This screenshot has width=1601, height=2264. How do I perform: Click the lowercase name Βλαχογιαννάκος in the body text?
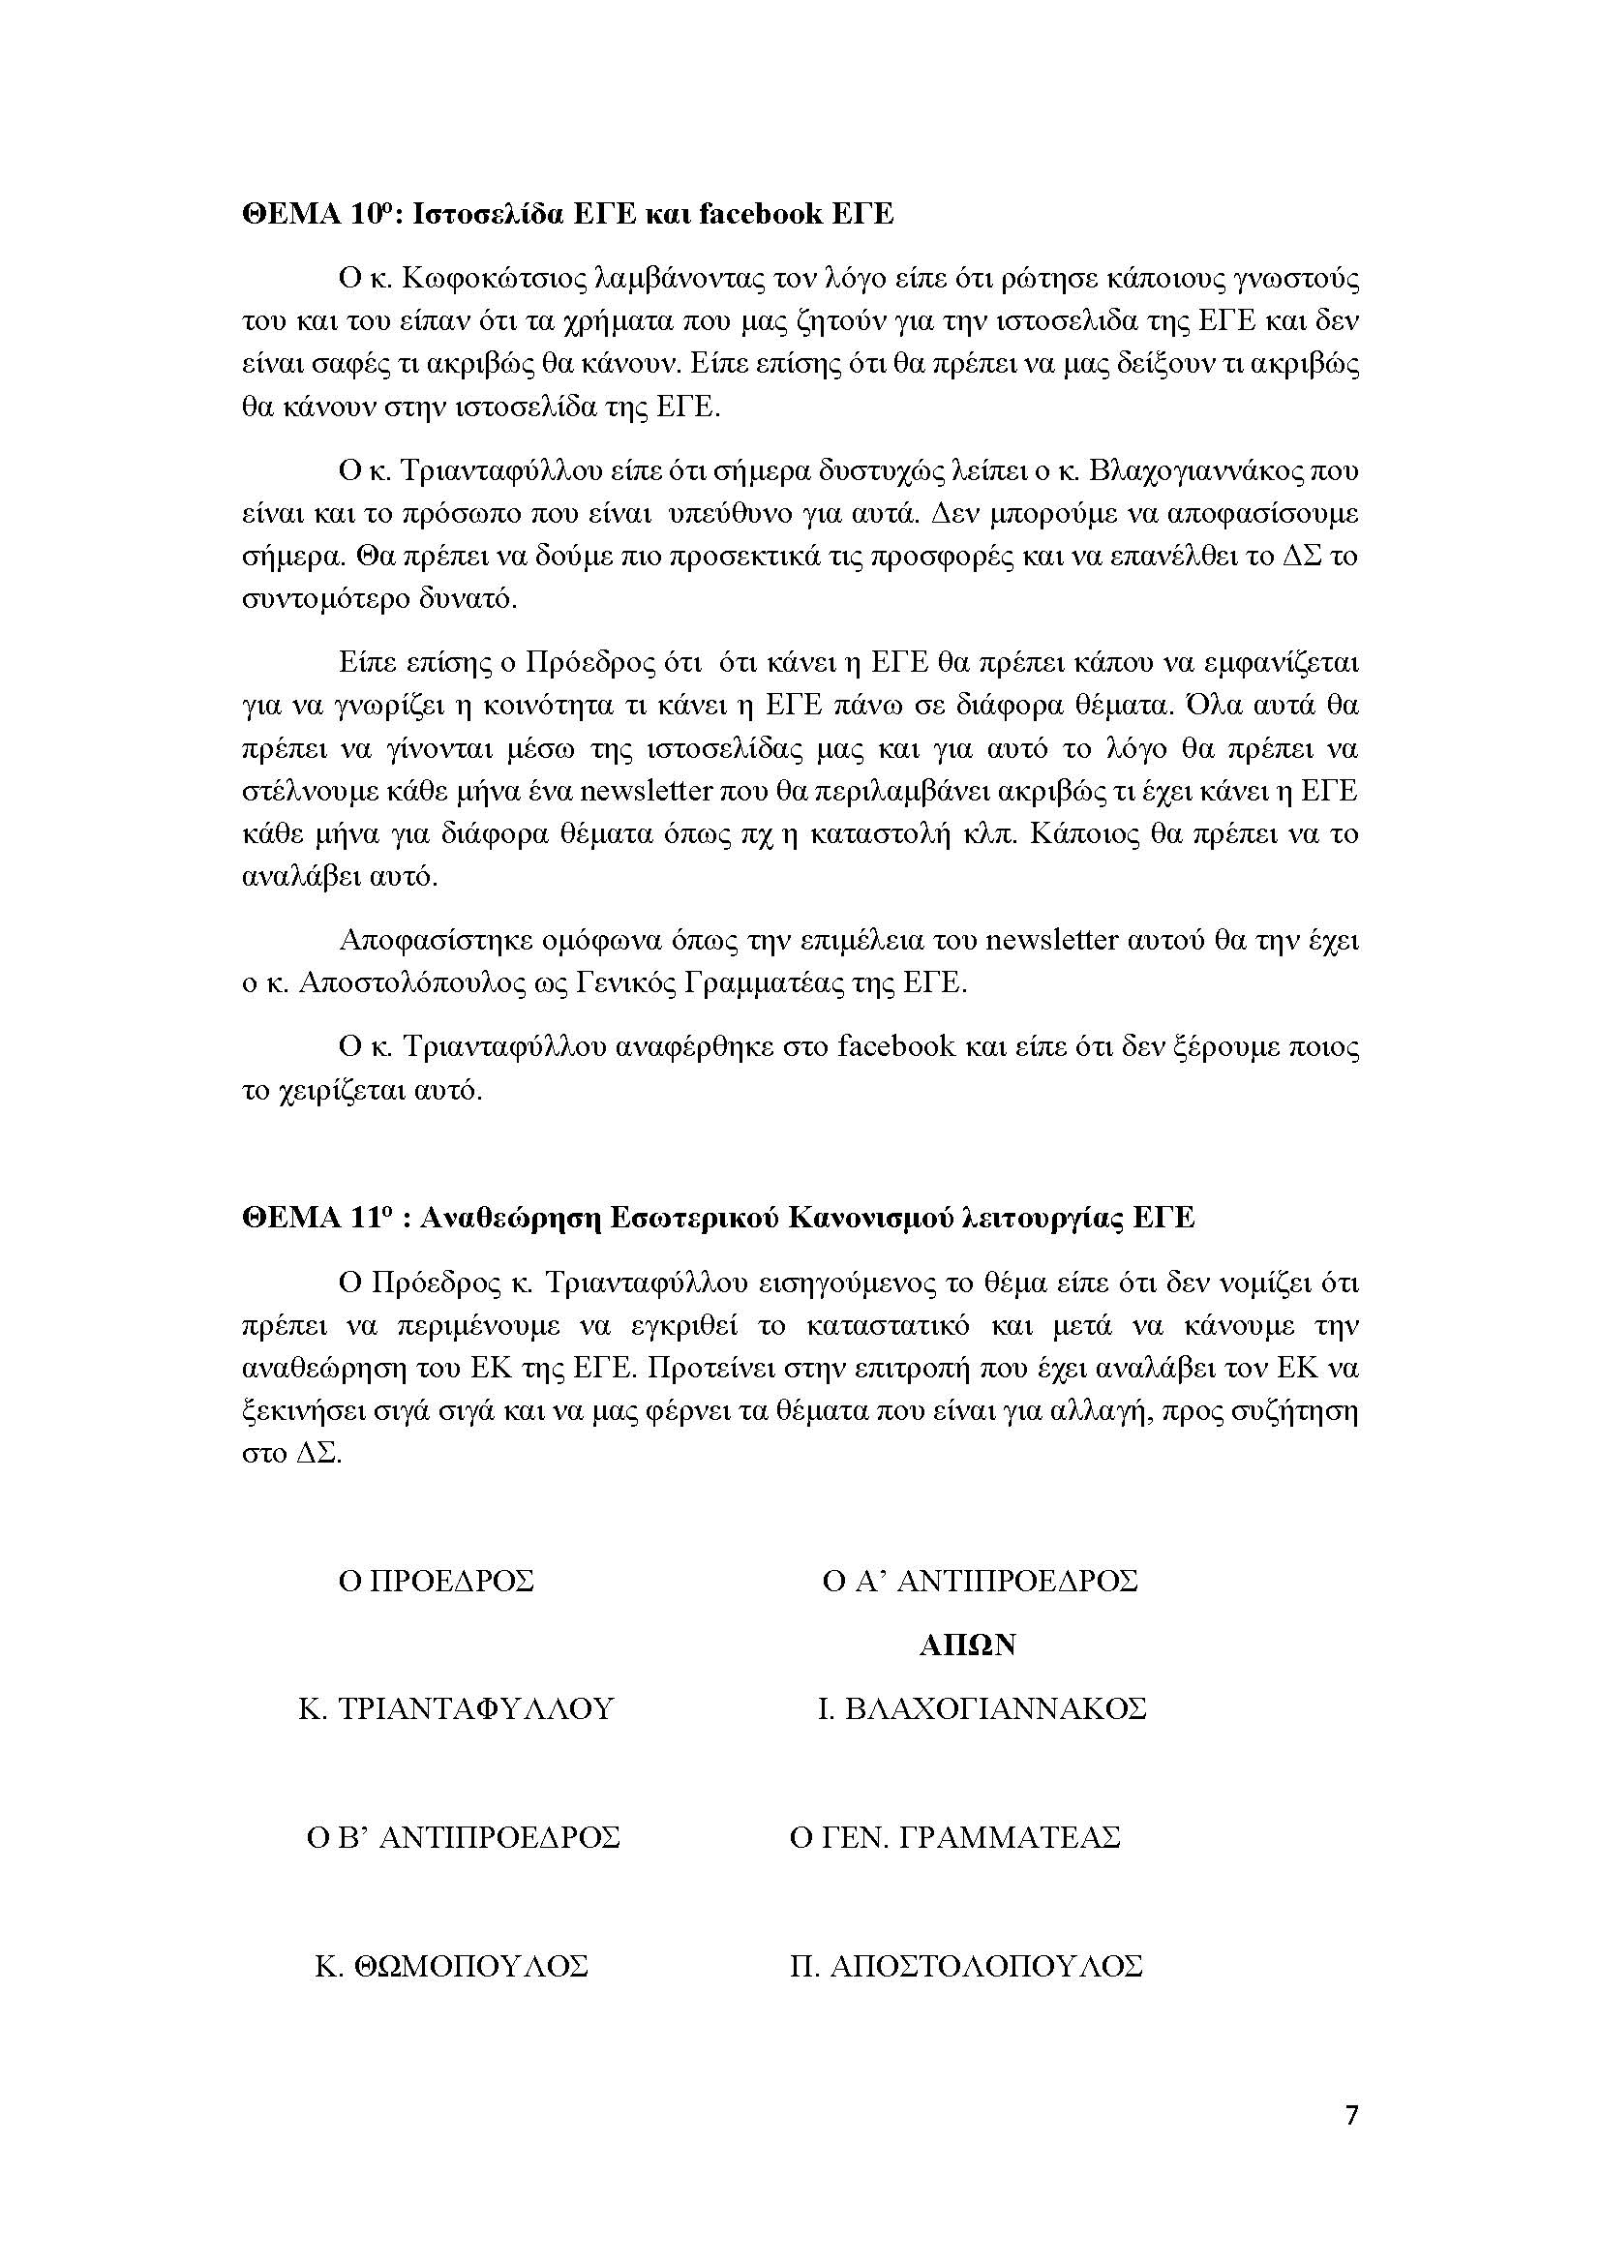point(1194,471)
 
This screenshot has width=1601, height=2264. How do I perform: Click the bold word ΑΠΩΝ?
point(967,1645)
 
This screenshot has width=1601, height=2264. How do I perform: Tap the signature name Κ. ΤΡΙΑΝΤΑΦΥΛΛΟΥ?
point(456,1708)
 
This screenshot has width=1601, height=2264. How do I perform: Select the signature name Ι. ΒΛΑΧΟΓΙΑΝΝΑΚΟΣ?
point(982,1708)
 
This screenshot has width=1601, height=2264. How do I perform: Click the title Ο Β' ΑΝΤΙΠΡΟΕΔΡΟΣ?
point(464,1838)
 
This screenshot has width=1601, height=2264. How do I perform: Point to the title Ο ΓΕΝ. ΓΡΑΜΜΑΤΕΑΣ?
point(955,1838)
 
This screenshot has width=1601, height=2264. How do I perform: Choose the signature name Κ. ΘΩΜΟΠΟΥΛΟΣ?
point(451,1966)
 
